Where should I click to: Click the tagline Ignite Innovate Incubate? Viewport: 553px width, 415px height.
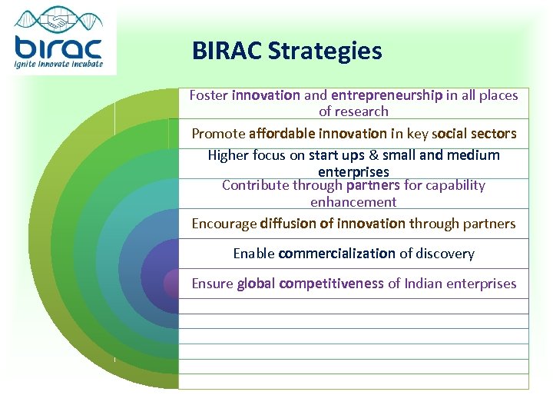point(58,64)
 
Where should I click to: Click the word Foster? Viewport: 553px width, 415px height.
point(208,95)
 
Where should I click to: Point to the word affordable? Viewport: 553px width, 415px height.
point(281,133)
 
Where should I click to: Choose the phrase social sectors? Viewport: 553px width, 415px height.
point(475,133)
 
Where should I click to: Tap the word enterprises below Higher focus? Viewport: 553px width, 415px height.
point(353,171)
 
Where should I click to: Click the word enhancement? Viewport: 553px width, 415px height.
point(353,202)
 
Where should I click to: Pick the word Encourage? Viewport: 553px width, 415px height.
point(224,224)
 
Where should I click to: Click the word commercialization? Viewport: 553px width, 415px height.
point(336,253)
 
